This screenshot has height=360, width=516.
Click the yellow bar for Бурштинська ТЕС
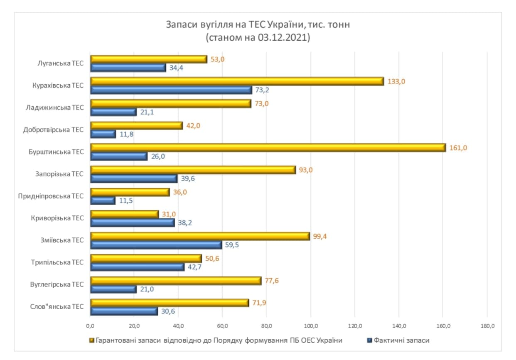pyautogui.click(x=268, y=147)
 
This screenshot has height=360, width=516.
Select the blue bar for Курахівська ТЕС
pyautogui.click(x=171, y=90)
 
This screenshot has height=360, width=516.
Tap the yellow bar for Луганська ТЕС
pyautogui.click(x=149, y=59)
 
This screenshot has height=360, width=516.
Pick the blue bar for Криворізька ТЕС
pyautogui.click(x=133, y=223)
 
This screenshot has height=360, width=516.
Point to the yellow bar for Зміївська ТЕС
pyautogui.click(x=200, y=236)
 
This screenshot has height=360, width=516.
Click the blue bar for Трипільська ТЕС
pyautogui.click(x=138, y=267)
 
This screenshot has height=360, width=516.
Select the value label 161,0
pyautogui.click(x=458, y=147)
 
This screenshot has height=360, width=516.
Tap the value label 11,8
pyautogui.click(x=126, y=134)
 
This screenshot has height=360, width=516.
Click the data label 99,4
pyautogui.click(x=320, y=236)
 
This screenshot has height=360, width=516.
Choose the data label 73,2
pyautogui.click(x=262, y=90)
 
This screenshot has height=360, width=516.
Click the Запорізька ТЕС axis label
pyautogui.click(x=59, y=174)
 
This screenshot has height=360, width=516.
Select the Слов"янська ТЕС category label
pyautogui.click(x=57, y=306)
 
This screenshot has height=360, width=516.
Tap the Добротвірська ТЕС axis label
pyautogui.click(x=54, y=130)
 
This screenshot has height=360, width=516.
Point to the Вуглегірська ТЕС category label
pyautogui.click(x=57, y=284)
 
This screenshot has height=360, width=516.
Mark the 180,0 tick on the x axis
pyautogui.click(x=487, y=326)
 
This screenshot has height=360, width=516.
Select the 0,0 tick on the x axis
pyautogui.click(x=90, y=326)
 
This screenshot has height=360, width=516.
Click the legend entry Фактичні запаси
pyautogui.click(x=401, y=340)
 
